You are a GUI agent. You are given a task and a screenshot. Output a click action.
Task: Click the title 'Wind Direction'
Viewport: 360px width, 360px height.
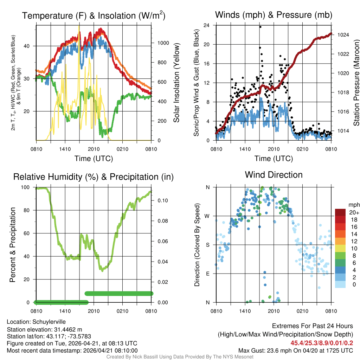274,175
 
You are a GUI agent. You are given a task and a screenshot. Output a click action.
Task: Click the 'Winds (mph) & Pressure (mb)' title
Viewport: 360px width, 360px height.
274,15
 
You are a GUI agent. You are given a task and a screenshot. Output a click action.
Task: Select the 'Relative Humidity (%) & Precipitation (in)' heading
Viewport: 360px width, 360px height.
93,177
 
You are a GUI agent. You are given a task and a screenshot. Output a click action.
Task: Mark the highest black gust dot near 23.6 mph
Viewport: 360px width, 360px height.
260,27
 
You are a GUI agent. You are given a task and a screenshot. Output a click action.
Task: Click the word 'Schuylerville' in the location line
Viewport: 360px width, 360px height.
49,322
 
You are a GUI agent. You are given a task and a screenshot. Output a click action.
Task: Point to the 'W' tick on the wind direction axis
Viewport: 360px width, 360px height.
208,216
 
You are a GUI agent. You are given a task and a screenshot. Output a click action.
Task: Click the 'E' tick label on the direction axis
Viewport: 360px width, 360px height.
208,274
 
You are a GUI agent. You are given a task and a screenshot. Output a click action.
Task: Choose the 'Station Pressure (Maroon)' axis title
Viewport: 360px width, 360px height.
356,83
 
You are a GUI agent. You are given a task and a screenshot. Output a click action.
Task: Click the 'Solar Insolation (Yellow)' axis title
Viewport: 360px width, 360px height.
176,83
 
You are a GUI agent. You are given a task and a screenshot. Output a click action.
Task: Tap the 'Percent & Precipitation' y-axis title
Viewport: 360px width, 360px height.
13,245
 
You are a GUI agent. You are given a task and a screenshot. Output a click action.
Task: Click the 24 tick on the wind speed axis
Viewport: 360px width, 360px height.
207,25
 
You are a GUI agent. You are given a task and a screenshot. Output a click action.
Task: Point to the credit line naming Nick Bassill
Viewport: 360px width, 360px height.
180,357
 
